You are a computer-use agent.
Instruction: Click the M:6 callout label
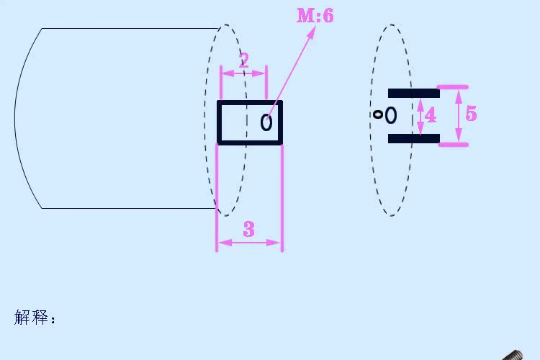tap(315, 15)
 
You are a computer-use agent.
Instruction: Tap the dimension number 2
tap(243, 60)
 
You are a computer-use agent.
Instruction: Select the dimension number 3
tap(248, 229)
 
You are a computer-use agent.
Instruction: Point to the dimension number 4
tap(431, 115)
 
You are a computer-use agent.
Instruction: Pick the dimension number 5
tap(471, 114)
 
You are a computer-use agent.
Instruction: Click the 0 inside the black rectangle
tap(266, 123)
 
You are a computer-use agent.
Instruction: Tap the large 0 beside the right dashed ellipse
tap(390, 115)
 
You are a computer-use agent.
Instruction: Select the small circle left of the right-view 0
tap(378, 114)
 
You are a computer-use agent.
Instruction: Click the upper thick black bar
tap(413, 93)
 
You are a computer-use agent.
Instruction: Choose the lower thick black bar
tap(413, 138)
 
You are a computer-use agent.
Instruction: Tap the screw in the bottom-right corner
tap(513, 355)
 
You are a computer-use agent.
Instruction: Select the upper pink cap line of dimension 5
tap(452, 87)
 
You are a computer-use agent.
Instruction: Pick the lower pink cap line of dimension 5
tap(452, 145)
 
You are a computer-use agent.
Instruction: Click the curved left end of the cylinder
tap(16, 119)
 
